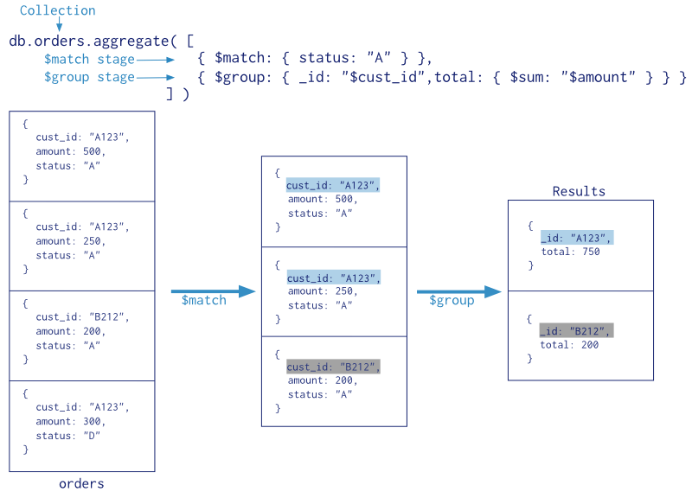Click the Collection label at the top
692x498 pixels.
57,10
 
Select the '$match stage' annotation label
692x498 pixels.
89,60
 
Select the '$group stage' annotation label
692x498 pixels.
89,77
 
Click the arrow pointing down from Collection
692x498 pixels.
58,25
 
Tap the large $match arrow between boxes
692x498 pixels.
213,291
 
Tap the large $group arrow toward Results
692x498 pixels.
459,292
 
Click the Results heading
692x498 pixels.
579,191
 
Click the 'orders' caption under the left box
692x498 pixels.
81,483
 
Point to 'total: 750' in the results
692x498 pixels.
570,252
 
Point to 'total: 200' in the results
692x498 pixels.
570,345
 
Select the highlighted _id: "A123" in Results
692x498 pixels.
576,238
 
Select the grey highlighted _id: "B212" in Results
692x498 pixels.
576,331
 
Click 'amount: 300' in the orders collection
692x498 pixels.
70,421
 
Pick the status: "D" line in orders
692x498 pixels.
68,436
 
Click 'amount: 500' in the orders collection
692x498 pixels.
70,151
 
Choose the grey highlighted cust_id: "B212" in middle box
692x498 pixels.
333,367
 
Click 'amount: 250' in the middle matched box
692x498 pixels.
322,292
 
